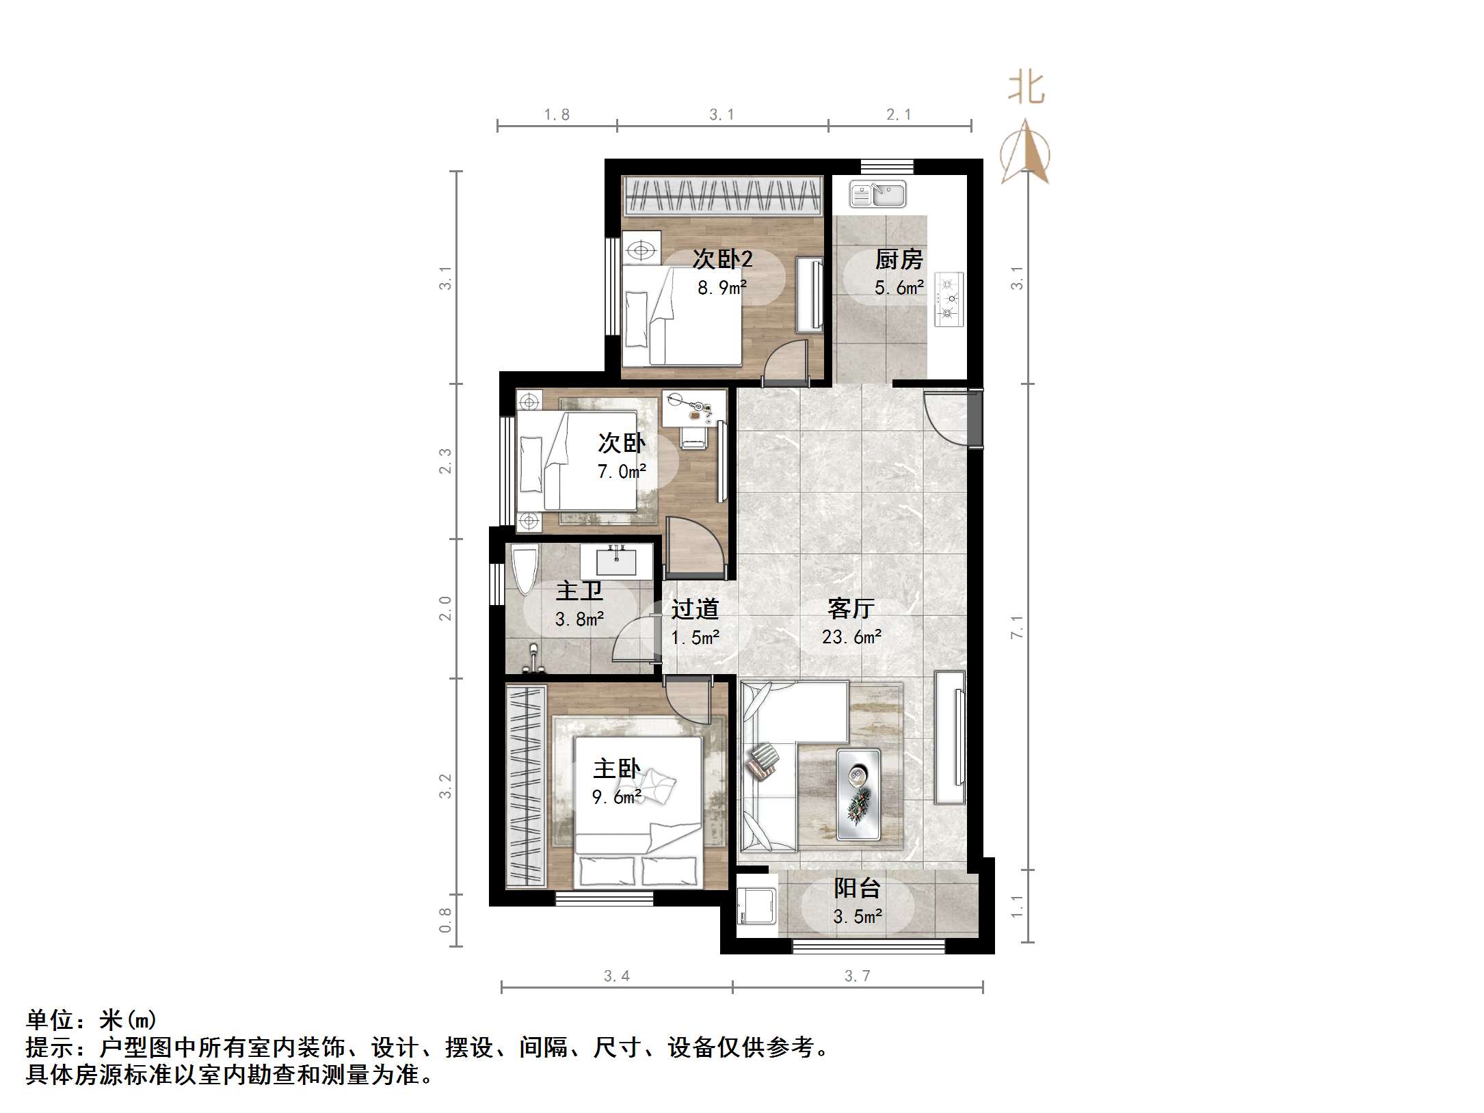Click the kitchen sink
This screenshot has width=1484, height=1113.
tap(877, 194)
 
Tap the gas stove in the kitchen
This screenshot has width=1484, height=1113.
tap(949, 299)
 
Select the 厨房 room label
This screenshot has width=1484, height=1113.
tap(899, 260)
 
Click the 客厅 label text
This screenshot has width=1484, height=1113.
tap(851, 608)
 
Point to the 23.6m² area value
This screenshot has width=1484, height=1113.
tap(851, 637)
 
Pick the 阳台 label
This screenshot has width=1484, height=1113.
tap(857, 888)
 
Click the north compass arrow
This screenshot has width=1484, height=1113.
tap(1024, 152)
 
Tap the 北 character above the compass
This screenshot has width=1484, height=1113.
tap(1026, 89)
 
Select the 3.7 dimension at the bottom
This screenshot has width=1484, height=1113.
tap(857, 976)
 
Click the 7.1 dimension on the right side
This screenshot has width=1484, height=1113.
tap(1018, 626)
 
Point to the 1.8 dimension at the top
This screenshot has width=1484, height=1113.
tap(557, 115)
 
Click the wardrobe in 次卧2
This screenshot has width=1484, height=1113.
tap(722, 196)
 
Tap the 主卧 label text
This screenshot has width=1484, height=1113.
tap(616, 768)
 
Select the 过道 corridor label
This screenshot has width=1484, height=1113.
tap(695, 608)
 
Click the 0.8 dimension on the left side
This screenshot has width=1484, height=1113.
tap(445, 920)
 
